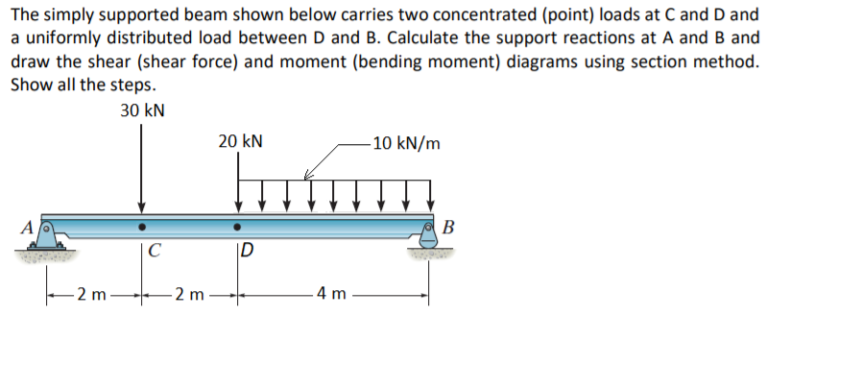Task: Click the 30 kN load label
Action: coord(142,110)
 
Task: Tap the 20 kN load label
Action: coord(240,142)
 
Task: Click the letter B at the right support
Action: coord(451,228)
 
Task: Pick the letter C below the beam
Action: coord(155,254)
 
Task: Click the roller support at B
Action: coord(429,234)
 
